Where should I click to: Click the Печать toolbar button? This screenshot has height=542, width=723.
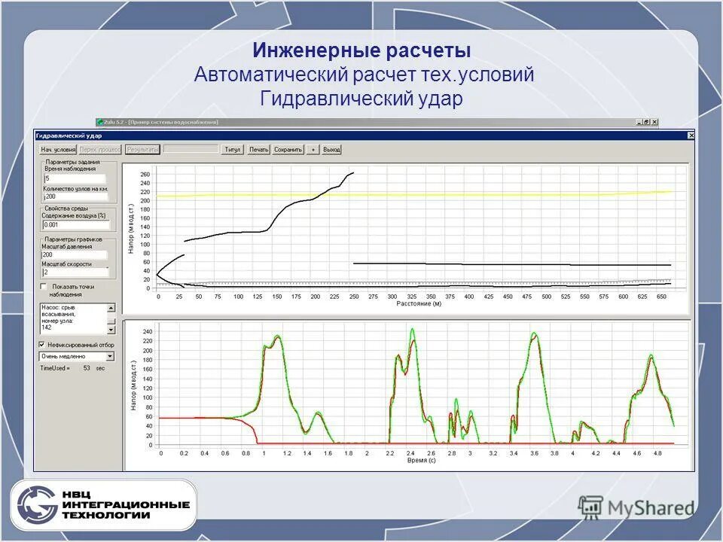tap(259, 150)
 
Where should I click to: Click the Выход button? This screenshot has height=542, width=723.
tap(332, 150)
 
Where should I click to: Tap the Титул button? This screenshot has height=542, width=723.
tap(233, 150)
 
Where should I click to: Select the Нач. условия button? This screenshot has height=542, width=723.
tap(58, 150)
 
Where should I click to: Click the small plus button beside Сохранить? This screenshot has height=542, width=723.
tap(313, 150)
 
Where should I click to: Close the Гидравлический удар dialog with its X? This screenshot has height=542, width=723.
tap(691, 135)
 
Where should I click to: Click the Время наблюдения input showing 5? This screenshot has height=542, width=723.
tap(75, 178)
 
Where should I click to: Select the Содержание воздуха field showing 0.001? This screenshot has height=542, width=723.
tap(75, 224)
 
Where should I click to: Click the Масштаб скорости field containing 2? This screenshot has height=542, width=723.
tap(75, 272)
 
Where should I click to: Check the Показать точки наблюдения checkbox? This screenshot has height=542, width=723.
tap(44, 287)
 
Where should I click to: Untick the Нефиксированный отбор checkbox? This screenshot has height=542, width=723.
tap(43, 344)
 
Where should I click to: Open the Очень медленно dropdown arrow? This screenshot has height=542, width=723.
tap(110, 356)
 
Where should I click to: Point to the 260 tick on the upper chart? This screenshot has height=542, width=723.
tap(145, 175)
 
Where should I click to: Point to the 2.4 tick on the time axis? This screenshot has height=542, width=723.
tap(410, 454)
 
